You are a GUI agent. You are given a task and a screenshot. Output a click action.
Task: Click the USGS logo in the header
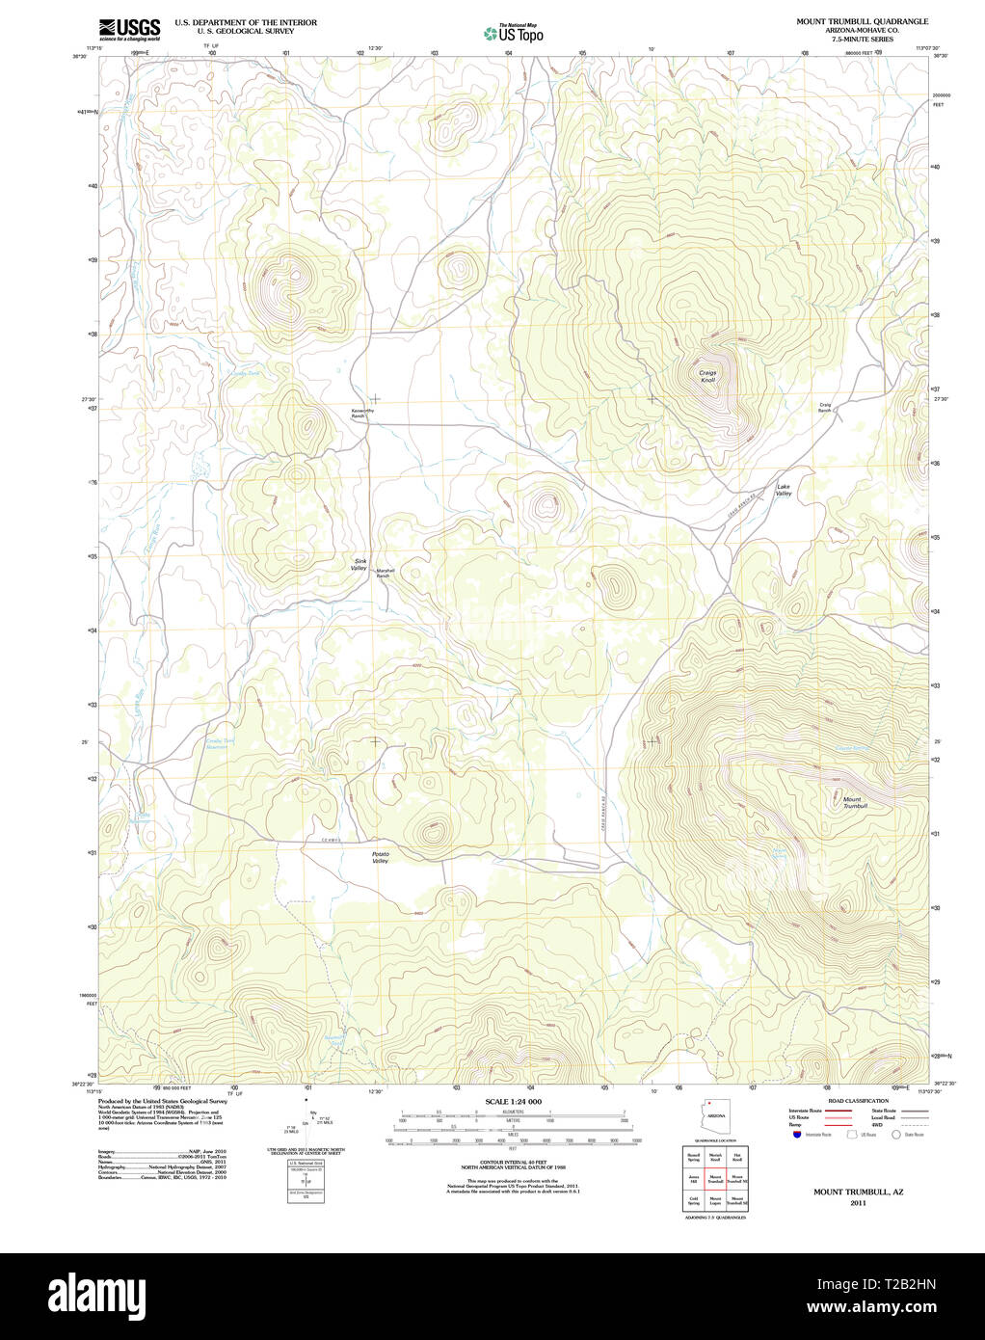point(129,29)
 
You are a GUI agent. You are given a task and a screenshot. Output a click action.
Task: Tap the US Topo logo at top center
point(514,33)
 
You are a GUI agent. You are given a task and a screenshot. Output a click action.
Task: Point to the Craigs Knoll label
point(707,376)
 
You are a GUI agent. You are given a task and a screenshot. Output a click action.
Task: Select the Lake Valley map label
point(784,490)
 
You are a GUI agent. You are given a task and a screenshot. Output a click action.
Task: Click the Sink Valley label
point(359,564)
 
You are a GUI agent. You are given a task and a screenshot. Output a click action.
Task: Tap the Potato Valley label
point(380,856)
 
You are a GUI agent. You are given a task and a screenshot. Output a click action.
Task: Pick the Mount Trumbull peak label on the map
point(854,802)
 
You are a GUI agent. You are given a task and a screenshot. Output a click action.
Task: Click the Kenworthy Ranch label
point(362,413)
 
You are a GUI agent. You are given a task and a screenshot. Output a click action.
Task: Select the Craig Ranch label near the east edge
point(825,407)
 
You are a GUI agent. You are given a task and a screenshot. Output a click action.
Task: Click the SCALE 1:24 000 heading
point(513,1101)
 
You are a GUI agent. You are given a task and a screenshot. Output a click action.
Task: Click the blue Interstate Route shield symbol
point(797,1135)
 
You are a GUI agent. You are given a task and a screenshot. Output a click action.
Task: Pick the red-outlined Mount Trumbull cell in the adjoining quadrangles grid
point(715,1176)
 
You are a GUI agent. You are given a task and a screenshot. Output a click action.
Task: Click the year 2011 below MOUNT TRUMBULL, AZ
point(858,1203)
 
